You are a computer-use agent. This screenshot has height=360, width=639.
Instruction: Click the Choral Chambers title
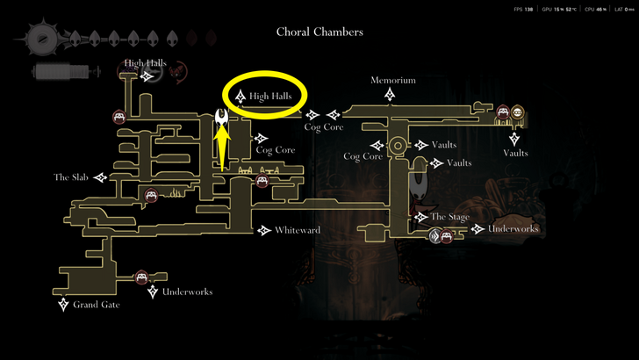319,32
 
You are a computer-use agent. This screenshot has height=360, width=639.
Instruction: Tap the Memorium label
392,80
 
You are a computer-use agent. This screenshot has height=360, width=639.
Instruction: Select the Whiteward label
297,231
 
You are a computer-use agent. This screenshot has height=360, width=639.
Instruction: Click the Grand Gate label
96,305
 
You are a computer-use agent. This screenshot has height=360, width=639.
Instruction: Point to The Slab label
73,177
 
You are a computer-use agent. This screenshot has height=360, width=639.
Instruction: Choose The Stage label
449,217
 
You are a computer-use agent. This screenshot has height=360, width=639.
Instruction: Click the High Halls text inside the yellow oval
276,96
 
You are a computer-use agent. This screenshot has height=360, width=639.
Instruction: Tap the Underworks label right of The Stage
513,229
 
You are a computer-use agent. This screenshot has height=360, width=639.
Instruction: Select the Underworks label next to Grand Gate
187,292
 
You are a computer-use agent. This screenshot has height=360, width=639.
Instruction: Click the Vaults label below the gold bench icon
515,153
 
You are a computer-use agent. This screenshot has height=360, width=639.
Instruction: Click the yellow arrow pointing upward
223,148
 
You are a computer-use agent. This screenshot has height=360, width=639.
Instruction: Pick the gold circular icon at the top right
518,112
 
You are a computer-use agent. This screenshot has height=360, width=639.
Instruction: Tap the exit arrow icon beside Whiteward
264,231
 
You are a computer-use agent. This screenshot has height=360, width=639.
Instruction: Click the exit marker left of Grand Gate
63,305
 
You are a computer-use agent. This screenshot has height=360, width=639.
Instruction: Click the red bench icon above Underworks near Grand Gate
140,278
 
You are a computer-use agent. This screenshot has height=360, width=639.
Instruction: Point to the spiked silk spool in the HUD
42,39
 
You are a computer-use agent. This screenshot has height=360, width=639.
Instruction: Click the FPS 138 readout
524,9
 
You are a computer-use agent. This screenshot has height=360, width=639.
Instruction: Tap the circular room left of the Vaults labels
398,145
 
